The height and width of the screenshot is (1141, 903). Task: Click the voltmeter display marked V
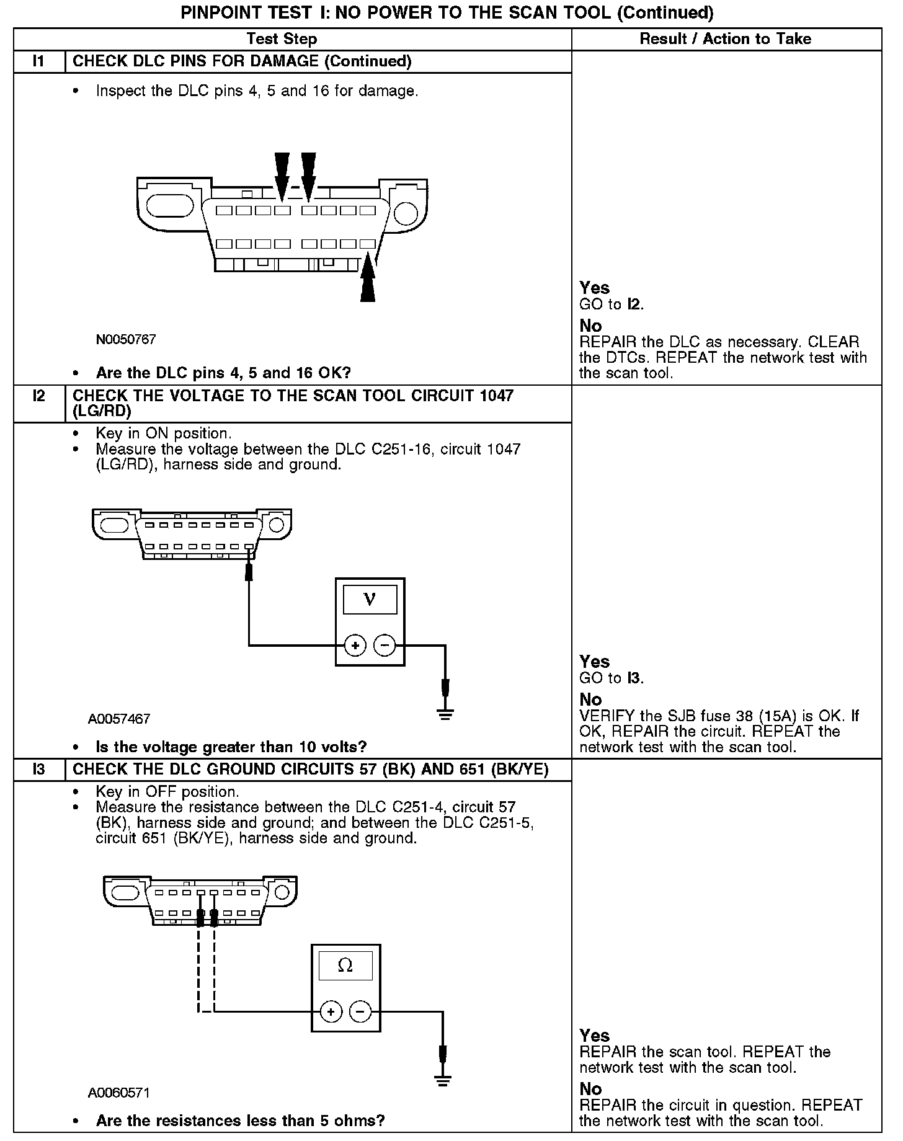click(370, 599)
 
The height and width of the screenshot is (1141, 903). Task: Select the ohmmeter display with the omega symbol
click(345, 966)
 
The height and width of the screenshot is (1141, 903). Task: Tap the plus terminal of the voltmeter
click(355, 646)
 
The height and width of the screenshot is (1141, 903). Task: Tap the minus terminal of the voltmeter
click(385, 646)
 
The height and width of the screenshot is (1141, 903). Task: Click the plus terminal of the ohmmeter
click(331, 1012)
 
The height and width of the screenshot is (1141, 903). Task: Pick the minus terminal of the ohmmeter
click(360, 1012)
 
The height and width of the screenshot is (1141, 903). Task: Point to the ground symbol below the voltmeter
click(445, 714)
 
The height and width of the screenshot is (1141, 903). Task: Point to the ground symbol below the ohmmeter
click(442, 1081)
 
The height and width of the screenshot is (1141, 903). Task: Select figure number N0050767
click(126, 340)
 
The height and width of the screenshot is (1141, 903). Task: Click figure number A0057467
click(119, 719)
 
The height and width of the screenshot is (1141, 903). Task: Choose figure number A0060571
click(119, 1092)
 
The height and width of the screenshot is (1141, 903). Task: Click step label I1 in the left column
click(39, 61)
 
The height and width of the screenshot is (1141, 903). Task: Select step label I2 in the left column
click(39, 396)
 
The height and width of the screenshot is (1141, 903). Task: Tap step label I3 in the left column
click(39, 770)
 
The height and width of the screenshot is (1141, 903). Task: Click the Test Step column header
click(282, 39)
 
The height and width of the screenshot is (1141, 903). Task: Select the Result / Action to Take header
click(725, 39)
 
